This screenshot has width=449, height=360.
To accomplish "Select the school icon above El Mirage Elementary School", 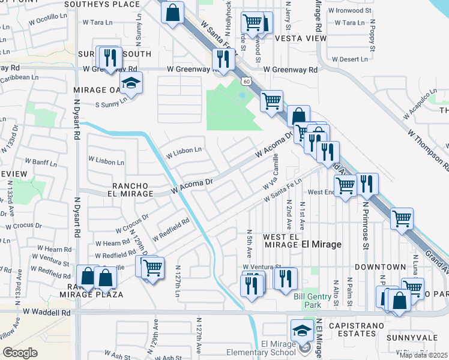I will [x=301, y=329].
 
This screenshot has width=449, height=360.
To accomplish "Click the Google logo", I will [x=20, y=353].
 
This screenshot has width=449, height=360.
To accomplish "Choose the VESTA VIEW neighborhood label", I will [x=300, y=38].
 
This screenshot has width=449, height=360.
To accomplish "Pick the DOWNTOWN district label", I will [x=380, y=266].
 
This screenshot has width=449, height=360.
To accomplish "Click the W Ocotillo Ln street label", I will [x=48, y=20].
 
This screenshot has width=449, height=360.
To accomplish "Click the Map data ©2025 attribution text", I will [x=423, y=355].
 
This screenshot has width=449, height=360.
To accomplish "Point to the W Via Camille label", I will [x=271, y=172].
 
